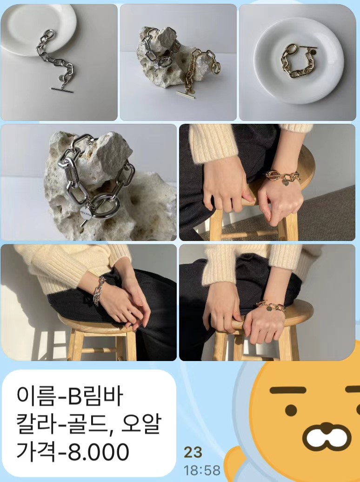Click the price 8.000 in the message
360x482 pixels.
(x=99, y=451)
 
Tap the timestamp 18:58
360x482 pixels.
(x=202, y=470)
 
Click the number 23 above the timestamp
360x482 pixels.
(x=193, y=453)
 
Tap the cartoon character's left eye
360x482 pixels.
(x=291, y=410)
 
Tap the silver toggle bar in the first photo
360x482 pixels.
(x=62, y=90)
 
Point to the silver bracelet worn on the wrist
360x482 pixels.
(x=99, y=290)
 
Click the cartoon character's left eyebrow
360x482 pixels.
(x=288, y=390)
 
